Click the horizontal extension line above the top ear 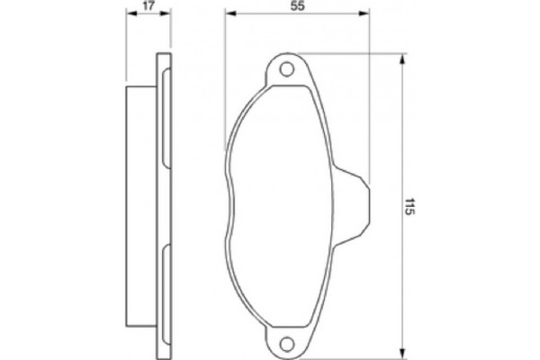point(351,51)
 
